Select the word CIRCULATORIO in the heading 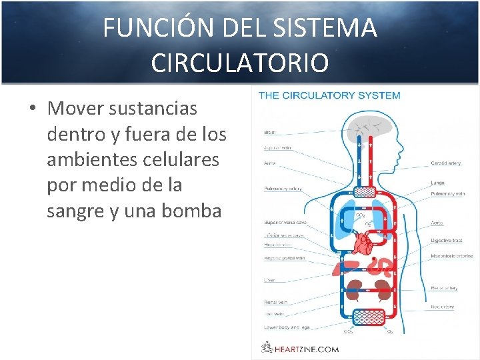click(x=239, y=63)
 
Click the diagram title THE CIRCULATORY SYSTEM click(x=329, y=95)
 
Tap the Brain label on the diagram click(x=270, y=133)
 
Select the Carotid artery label click(x=445, y=162)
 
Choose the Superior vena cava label click(x=285, y=223)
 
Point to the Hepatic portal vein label click(x=284, y=258)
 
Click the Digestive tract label click(x=446, y=239)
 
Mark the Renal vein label click(x=275, y=303)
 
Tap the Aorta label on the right click(x=437, y=223)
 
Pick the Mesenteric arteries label click(x=451, y=256)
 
